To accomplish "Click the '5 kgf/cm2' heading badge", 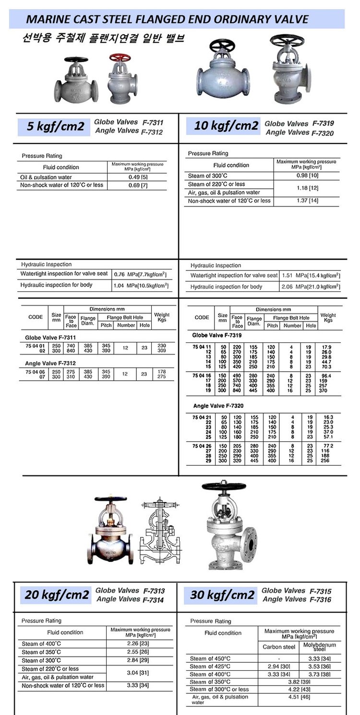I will click(54, 126).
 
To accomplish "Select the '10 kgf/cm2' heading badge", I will click(226, 126).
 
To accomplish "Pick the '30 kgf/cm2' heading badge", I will click(222, 594).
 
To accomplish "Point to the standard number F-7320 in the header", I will click(323, 133).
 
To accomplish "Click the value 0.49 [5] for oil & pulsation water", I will click(137, 177).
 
